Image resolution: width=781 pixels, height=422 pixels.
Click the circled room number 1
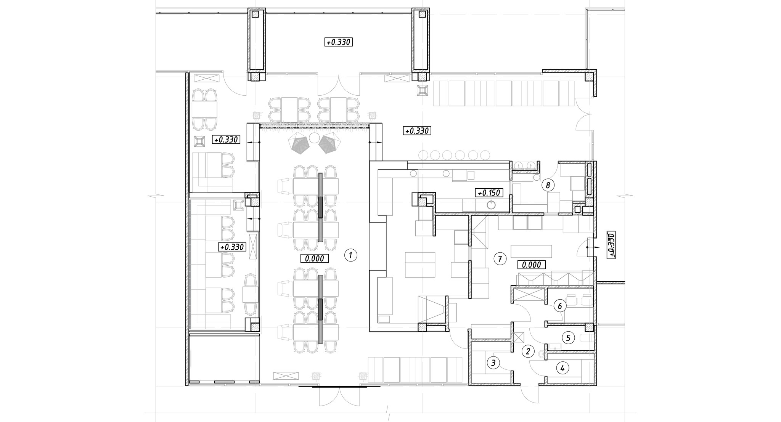click(351, 255)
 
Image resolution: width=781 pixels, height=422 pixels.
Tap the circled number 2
click(528, 351)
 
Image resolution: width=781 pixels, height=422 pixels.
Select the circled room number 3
click(493, 363)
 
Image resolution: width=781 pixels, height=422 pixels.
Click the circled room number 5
click(568, 337)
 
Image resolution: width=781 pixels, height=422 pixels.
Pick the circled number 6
click(560, 305)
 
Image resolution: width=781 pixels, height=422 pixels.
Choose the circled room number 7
click(500, 259)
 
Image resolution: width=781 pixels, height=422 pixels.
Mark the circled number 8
click(548, 185)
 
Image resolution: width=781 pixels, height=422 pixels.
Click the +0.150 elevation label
click(489, 193)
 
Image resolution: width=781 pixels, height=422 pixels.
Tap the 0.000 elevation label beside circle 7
click(531, 265)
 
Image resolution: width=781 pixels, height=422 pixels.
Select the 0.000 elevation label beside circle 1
click(315, 259)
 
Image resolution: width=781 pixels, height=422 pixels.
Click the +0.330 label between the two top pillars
click(339, 42)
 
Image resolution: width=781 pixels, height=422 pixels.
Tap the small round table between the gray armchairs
click(314, 138)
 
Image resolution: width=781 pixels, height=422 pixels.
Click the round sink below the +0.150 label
click(491, 205)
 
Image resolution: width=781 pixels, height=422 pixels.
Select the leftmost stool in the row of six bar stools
click(424, 155)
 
